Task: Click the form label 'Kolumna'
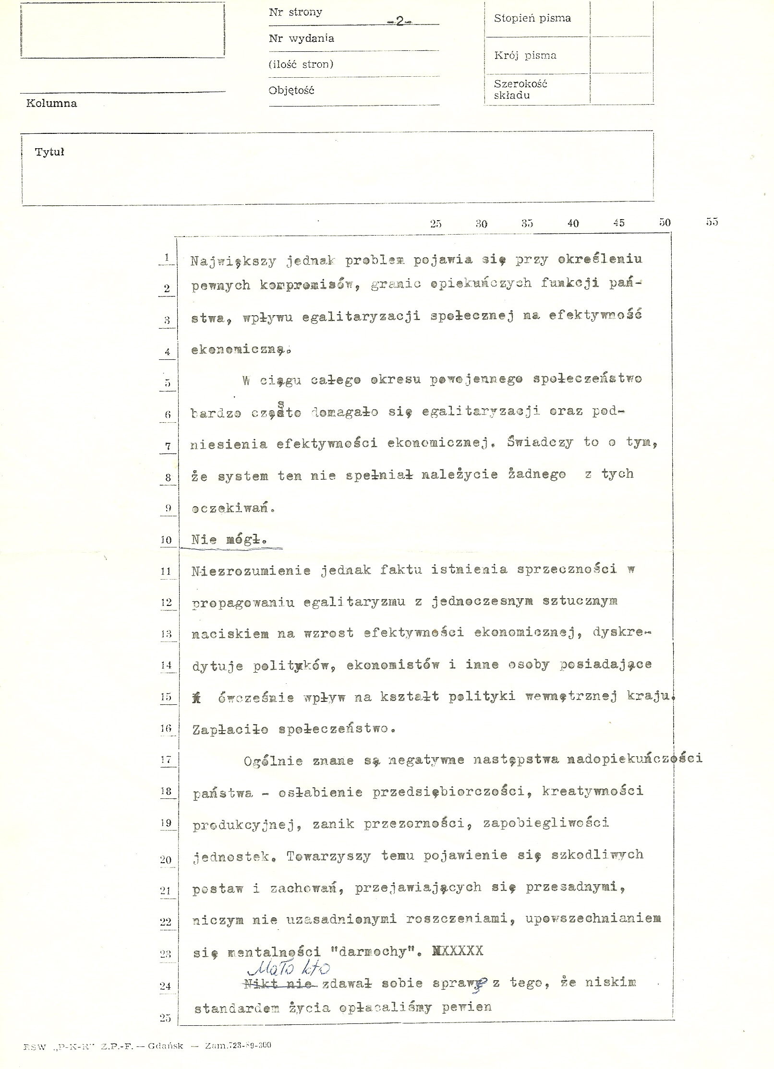[51, 103]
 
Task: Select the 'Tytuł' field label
[49, 152]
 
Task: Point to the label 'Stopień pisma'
[532, 18]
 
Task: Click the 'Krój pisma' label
[525, 55]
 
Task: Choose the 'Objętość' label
[291, 90]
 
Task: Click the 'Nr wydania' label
[301, 38]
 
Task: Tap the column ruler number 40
[573, 223]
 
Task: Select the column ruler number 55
[712, 222]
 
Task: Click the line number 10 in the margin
[166, 540]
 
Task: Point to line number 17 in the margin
[166, 760]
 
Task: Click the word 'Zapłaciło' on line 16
[230, 730]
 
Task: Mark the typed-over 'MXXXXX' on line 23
[458, 950]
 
